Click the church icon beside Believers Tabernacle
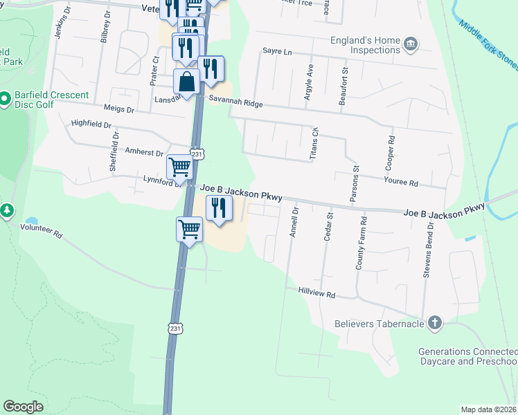pos(434,323)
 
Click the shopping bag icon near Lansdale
pos(187,82)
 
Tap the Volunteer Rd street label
pos(41,230)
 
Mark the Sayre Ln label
pos(278,51)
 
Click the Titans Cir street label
pos(313,144)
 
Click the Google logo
pos(23,407)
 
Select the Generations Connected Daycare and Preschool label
pos(467,357)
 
